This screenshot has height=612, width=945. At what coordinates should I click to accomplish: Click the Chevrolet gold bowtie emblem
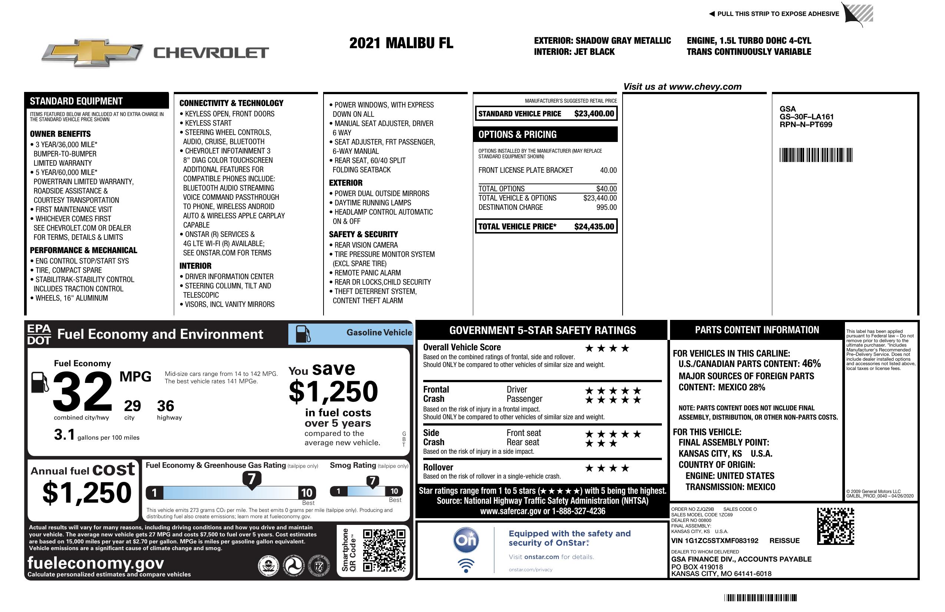tap(92, 52)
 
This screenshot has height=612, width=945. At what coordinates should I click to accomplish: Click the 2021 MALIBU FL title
tap(401, 43)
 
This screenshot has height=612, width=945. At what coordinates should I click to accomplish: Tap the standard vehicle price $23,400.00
tap(594, 113)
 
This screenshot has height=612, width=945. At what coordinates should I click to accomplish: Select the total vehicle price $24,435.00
tap(594, 227)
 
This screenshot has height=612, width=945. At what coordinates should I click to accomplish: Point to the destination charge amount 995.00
tap(606, 207)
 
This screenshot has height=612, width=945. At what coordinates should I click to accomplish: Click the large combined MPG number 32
tap(82, 391)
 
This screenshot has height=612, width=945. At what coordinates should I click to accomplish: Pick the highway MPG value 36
tap(165, 406)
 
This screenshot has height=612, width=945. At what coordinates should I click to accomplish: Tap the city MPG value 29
tap(132, 406)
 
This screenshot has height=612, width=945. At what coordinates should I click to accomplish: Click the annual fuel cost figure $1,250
tap(87, 493)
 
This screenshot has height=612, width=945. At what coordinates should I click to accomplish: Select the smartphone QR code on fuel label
tap(384, 550)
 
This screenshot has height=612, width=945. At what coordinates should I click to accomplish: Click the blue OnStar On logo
tap(466, 540)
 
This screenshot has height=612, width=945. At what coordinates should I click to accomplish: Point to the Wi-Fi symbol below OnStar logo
tap(466, 566)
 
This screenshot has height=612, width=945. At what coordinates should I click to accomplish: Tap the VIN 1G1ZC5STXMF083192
tap(714, 541)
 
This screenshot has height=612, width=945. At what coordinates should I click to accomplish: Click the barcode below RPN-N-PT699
tap(816, 155)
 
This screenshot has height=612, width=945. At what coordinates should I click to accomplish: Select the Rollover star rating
tap(607, 469)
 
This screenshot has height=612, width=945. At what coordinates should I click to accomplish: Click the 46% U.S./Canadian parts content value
tap(811, 363)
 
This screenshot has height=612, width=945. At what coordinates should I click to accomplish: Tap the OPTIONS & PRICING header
tap(517, 135)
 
